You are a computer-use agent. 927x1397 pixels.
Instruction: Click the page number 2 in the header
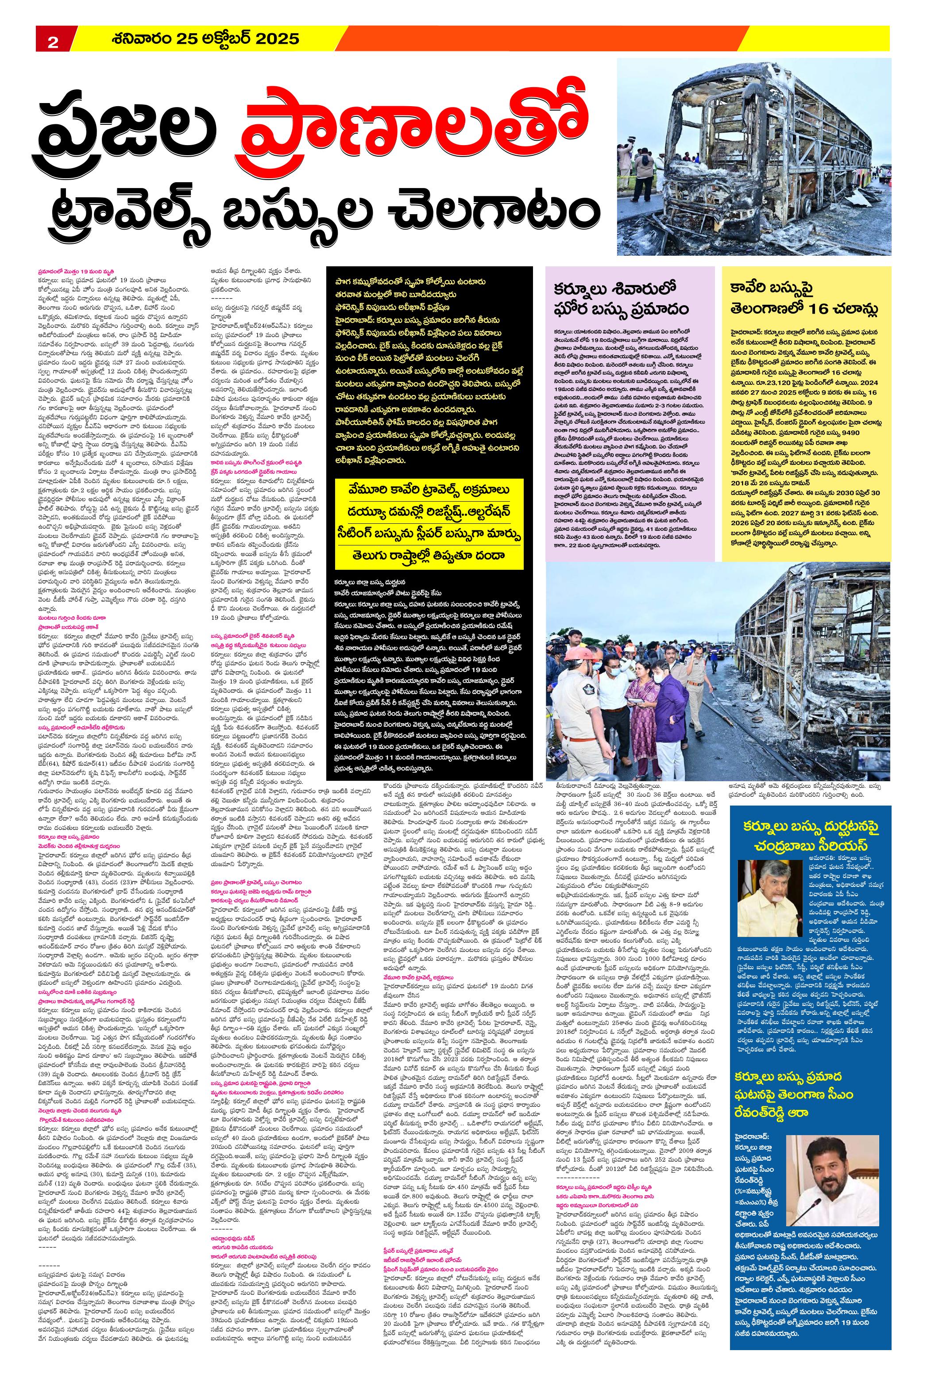pyautogui.click(x=53, y=41)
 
